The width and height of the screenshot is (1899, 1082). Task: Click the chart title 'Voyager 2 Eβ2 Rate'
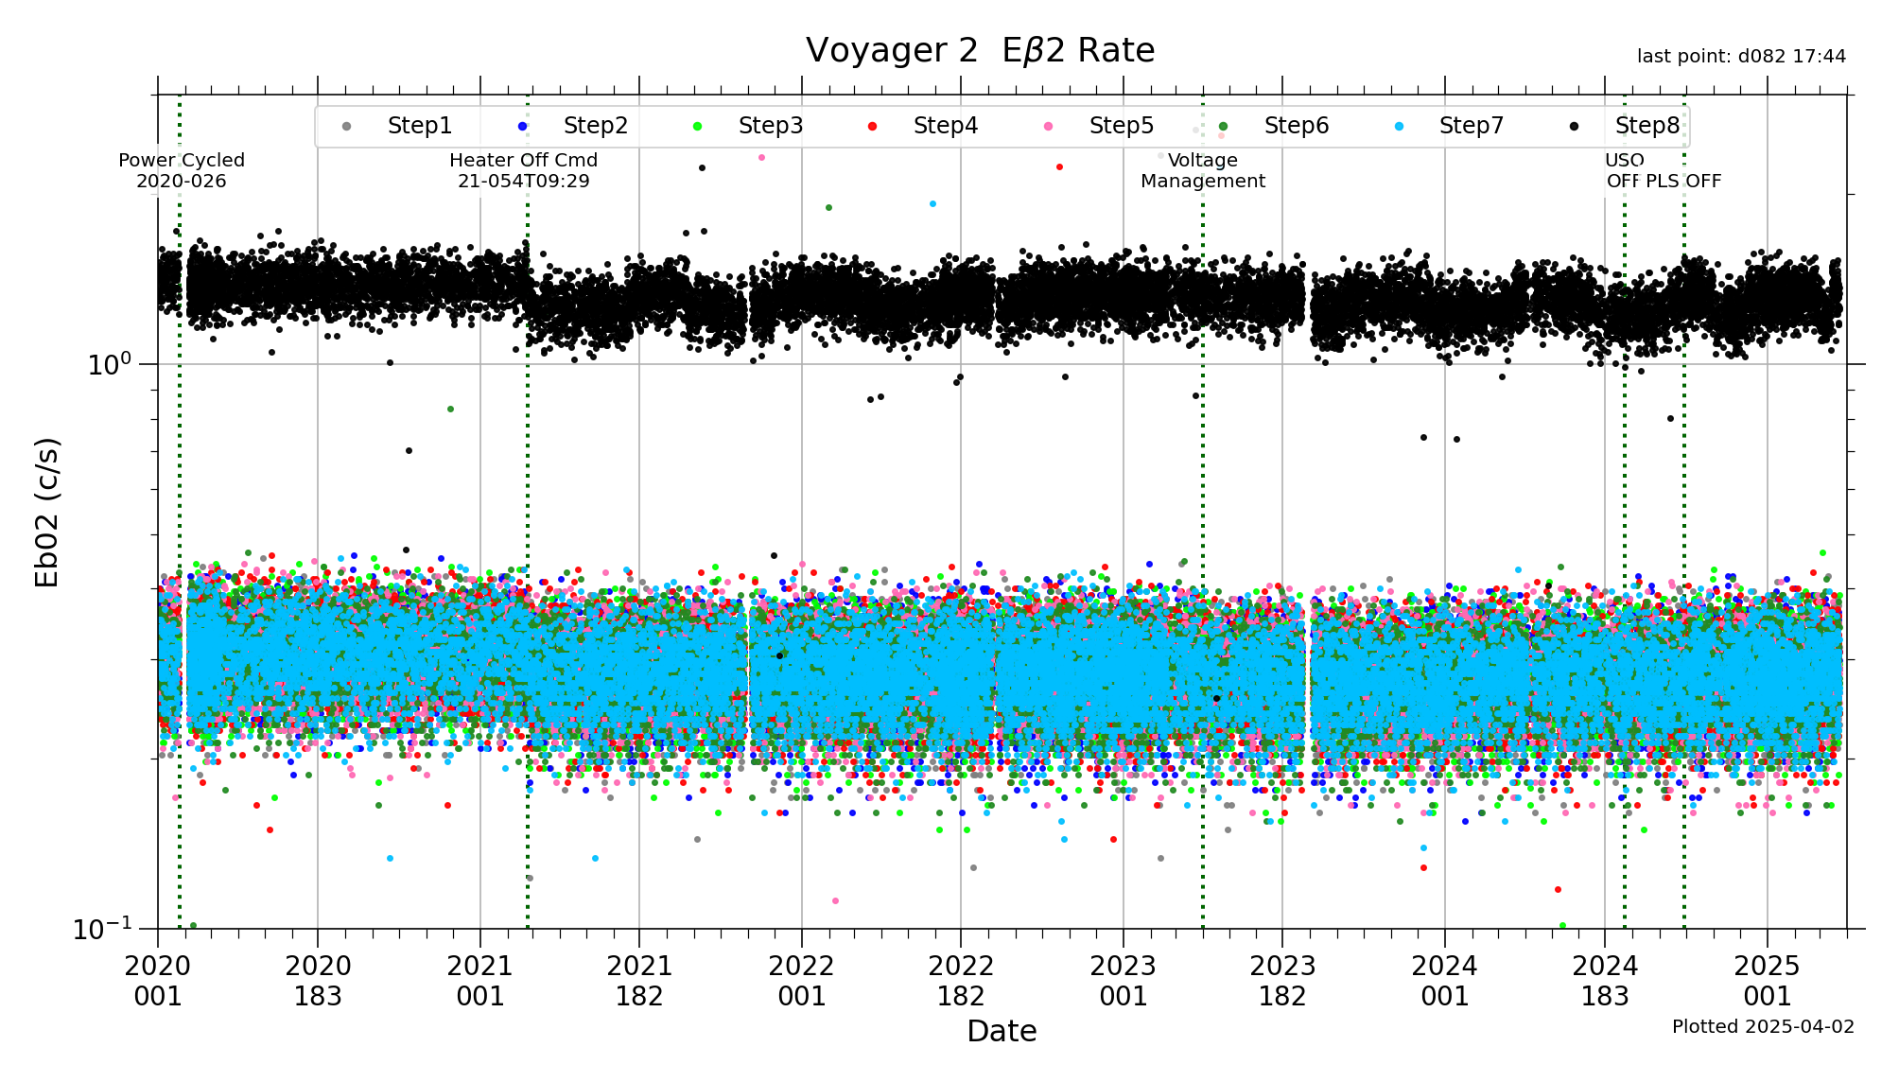(x=980, y=51)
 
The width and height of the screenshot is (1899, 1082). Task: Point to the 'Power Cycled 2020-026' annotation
(x=182, y=170)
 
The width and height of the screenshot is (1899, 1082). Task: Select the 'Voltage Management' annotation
(x=1202, y=170)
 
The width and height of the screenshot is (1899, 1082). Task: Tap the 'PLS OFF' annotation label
(x=1683, y=181)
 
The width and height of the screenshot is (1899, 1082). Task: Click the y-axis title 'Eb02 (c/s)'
(x=47, y=512)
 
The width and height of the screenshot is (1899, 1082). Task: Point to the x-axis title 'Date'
(x=1002, y=1031)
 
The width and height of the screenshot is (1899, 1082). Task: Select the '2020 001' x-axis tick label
(x=158, y=981)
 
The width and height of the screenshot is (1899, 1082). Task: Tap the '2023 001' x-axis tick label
(x=1124, y=981)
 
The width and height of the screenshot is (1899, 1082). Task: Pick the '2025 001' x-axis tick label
(x=1767, y=981)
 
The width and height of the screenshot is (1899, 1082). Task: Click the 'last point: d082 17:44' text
(x=1741, y=57)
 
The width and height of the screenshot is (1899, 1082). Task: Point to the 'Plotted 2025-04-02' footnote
(x=1763, y=1026)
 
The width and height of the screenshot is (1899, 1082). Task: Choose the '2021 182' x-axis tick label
(x=639, y=981)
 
